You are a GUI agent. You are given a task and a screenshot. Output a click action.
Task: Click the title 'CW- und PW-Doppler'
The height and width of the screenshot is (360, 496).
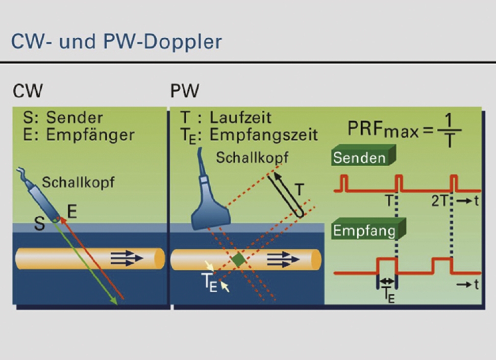click(x=116, y=42)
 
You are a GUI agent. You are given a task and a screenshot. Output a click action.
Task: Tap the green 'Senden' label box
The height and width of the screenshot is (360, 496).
click(x=363, y=156)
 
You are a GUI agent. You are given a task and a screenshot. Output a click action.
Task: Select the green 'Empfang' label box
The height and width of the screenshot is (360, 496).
click(x=368, y=229)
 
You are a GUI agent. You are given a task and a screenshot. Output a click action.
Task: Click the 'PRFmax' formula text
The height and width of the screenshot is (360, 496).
click(x=404, y=130)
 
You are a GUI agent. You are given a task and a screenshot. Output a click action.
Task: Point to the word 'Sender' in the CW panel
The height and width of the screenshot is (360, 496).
click(x=75, y=118)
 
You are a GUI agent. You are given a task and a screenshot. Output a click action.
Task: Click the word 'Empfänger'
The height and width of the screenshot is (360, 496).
click(x=90, y=135)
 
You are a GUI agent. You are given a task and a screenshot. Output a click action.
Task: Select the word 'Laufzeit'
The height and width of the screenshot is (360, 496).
click(x=240, y=118)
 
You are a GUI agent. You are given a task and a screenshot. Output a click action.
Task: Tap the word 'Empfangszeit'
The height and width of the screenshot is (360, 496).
click(x=263, y=135)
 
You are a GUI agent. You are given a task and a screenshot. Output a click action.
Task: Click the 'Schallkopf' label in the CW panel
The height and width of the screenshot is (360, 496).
click(x=78, y=183)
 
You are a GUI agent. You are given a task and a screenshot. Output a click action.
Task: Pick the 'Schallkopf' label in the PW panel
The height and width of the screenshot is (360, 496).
click(x=252, y=158)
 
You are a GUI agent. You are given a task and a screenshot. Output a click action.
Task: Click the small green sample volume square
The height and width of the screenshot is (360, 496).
click(x=238, y=260)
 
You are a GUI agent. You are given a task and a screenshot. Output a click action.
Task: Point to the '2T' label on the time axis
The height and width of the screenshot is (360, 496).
click(x=439, y=201)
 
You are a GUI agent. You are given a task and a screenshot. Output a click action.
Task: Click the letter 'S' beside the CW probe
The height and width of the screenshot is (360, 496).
click(x=39, y=224)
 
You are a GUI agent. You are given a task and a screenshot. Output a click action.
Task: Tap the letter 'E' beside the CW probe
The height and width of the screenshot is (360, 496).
click(x=72, y=212)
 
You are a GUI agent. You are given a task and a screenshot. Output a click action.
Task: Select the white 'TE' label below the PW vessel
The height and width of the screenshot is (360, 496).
click(x=209, y=282)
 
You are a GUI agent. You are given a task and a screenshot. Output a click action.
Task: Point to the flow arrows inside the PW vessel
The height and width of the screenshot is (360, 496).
click(x=283, y=260)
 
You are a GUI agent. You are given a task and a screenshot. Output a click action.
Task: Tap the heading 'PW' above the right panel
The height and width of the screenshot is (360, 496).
click(x=185, y=91)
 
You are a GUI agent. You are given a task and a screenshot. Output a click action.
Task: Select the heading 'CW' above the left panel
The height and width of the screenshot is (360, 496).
click(x=28, y=91)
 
